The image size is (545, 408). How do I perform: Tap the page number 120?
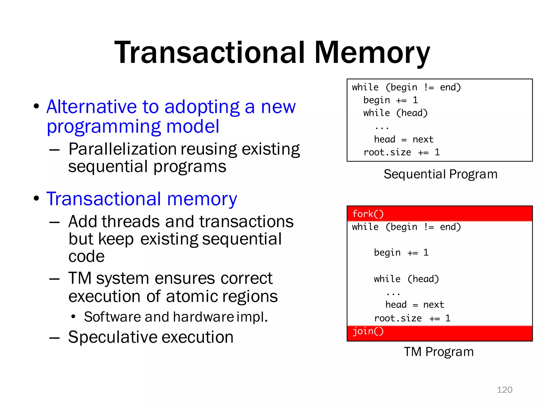tap(504, 390)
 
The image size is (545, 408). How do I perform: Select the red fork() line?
tap(368, 214)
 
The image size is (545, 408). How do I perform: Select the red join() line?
tap(368, 331)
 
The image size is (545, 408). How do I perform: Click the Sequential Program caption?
tap(440, 174)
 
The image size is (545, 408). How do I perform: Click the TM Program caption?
tap(439, 352)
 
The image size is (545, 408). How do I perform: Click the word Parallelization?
tap(122, 149)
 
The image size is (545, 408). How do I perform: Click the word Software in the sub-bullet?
tap(112, 317)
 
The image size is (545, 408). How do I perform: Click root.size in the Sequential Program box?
tap(387, 152)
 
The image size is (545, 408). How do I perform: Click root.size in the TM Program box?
tap(398, 318)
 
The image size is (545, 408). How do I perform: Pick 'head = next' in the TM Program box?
tap(415, 305)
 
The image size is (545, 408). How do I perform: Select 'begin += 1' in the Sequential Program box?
tap(390, 100)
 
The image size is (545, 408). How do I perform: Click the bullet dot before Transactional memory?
tap(36, 198)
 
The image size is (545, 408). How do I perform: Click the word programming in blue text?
tap(104, 127)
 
